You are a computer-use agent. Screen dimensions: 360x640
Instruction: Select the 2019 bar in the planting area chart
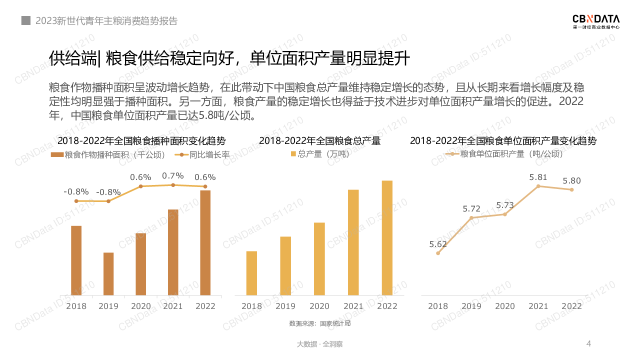(x=108, y=273)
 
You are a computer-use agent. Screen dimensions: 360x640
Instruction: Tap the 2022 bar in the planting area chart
(x=205, y=242)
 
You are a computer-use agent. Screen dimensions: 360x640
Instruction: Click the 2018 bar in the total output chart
(x=251, y=273)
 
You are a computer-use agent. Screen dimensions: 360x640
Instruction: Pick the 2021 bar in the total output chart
(x=353, y=242)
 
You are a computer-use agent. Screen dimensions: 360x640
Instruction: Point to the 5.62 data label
(x=438, y=244)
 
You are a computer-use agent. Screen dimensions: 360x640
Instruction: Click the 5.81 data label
(x=538, y=177)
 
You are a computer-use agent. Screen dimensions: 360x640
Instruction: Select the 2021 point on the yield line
(x=538, y=186)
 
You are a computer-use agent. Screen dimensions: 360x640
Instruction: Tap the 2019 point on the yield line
(x=471, y=217)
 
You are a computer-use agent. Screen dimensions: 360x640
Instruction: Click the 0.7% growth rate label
(x=173, y=175)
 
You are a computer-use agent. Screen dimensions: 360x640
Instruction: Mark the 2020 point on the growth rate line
(x=140, y=186)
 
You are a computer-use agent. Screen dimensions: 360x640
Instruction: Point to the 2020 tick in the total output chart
(x=319, y=306)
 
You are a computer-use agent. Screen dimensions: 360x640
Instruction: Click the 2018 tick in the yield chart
(x=438, y=306)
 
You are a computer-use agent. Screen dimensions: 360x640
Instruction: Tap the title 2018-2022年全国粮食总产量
(x=319, y=141)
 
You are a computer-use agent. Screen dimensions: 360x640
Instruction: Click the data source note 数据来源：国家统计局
(x=320, y=323)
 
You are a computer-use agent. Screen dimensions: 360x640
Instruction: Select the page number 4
(x=588, y=343)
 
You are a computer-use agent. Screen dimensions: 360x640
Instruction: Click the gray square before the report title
(x=25, y=21)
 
